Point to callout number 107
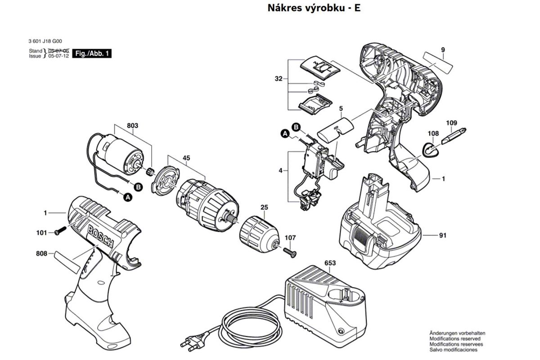(291, 237)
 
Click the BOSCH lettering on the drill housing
(102, 237)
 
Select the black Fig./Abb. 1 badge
(92, 54)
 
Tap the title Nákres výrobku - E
(314, 8)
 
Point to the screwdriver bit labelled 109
(454, 135)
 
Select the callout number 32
(279, 79)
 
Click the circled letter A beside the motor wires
(128, 197)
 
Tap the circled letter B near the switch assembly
(296, 127)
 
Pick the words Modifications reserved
(454, 339)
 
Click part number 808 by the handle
(41, 253)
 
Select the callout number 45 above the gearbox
(186, 158)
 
